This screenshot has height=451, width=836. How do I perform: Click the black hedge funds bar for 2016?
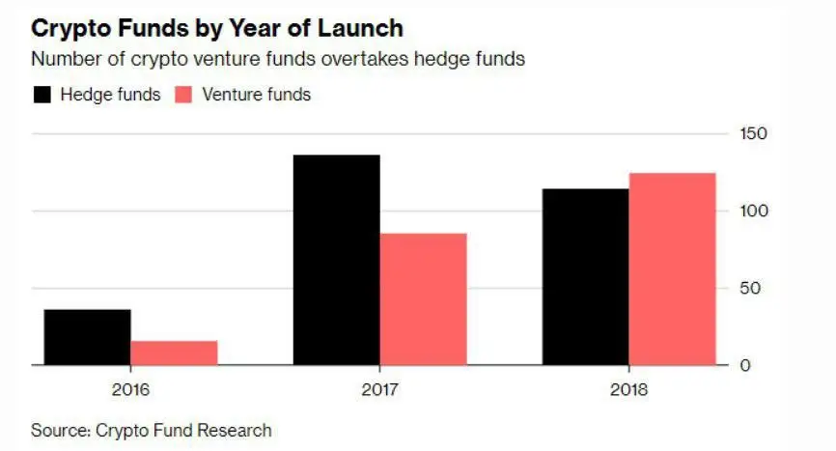pos(87,337)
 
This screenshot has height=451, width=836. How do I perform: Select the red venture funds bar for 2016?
pos(174,352)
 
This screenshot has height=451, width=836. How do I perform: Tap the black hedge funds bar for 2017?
pos(336,260)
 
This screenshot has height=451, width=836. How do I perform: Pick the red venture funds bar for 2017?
pos(423,298)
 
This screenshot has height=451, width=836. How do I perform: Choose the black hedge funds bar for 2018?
pos(585,276)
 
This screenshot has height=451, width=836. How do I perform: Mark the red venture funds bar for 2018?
pos(673,268)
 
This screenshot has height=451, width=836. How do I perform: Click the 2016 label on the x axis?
pos(130,390)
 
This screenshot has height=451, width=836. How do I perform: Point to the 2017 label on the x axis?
pos(380,390)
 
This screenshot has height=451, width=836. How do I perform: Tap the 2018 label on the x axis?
pos(629,390)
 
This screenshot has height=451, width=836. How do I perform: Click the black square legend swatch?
pos(42,95)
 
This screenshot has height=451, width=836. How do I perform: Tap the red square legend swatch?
pos(184,95)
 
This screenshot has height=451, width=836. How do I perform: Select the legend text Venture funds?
pos(258,95)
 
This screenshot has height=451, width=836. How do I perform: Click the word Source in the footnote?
pos(57,430)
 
